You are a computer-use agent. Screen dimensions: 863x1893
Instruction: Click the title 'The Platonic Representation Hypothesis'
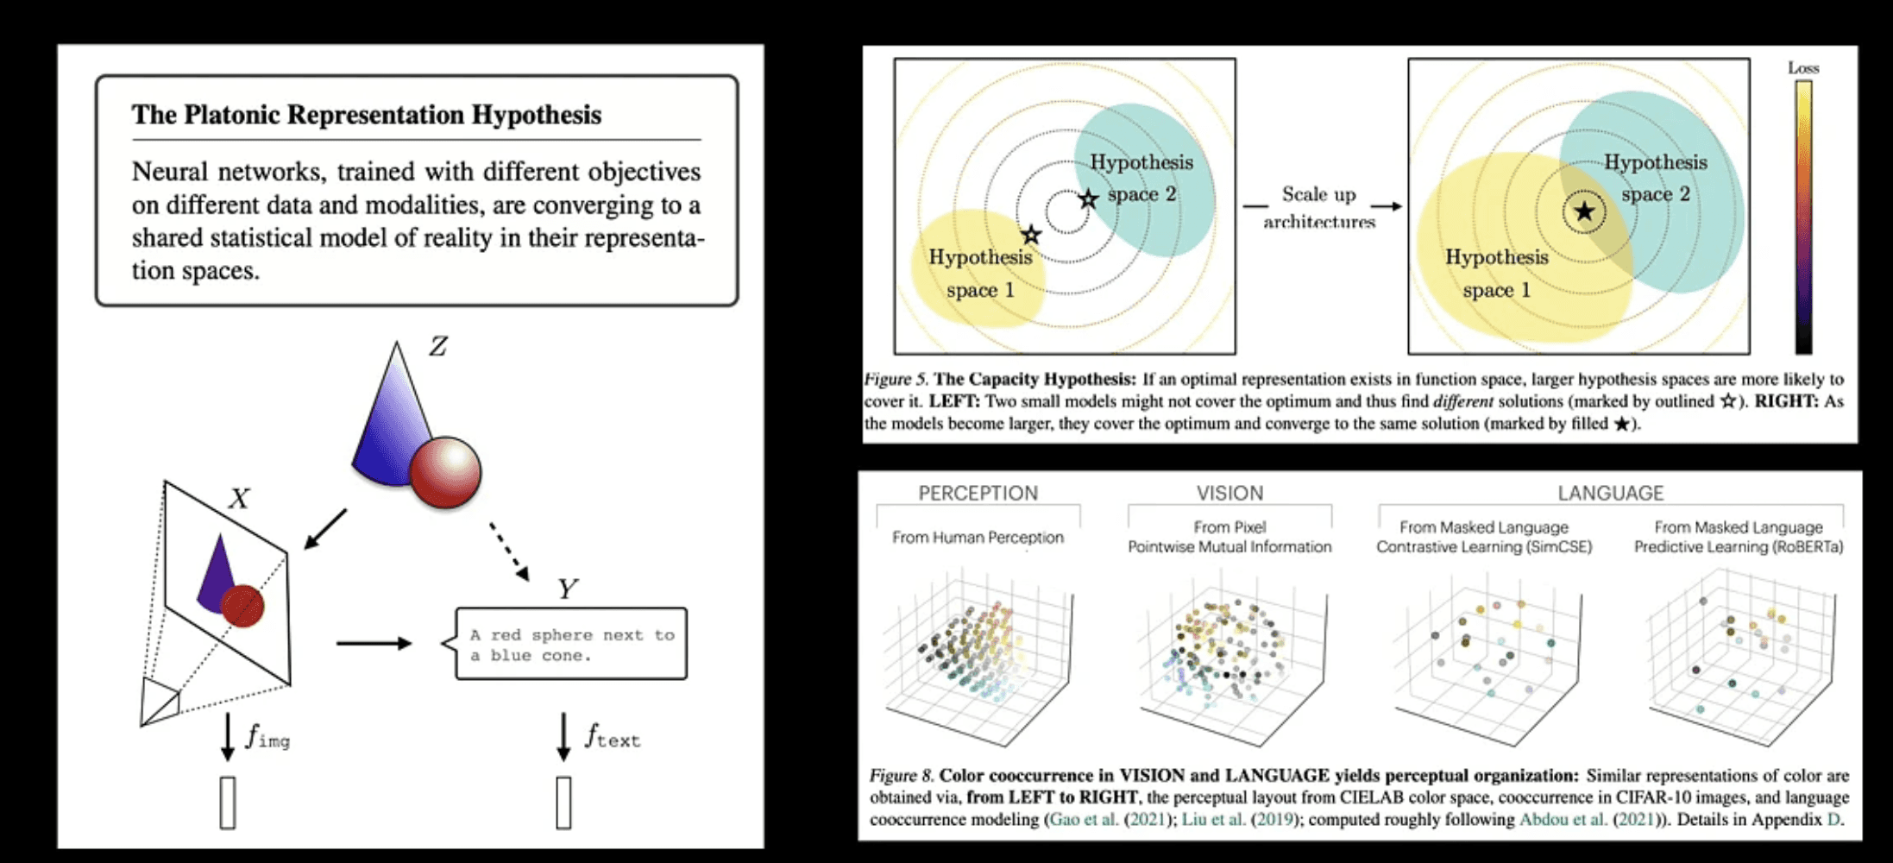[x=366, y=115]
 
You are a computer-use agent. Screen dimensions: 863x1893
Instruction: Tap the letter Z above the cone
[x=438, y=347]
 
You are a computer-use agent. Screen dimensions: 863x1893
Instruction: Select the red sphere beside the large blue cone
[x=445, y=471]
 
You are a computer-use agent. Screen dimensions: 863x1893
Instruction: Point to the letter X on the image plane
[x=239, y=499]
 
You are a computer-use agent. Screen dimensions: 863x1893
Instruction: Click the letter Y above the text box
[x=566, y=589]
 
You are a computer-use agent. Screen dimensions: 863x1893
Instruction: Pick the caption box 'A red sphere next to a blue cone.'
[x=571, y=645]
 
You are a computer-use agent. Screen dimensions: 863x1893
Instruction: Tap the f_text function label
[x=613, y=737]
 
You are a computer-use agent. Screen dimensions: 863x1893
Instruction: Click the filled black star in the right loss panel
[x=1584, y=211]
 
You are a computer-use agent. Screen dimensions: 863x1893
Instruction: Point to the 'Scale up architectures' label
[x=1319, y=207]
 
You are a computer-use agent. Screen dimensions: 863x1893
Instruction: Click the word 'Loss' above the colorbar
[x=1802, y=67]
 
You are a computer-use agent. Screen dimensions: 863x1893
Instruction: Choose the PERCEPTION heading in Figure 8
[x=978, y=493]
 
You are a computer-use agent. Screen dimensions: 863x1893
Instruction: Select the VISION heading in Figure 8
[x=1230, y=493]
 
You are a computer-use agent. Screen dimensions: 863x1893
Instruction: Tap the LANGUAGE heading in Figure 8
[x=1610, y=493]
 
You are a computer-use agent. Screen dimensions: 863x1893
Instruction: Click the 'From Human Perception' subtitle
[x=978, y=537]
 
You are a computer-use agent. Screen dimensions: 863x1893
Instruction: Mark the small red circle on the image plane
[x=242, y=606]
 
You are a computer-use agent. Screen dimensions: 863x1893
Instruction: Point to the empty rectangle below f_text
[x=563, y=803]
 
